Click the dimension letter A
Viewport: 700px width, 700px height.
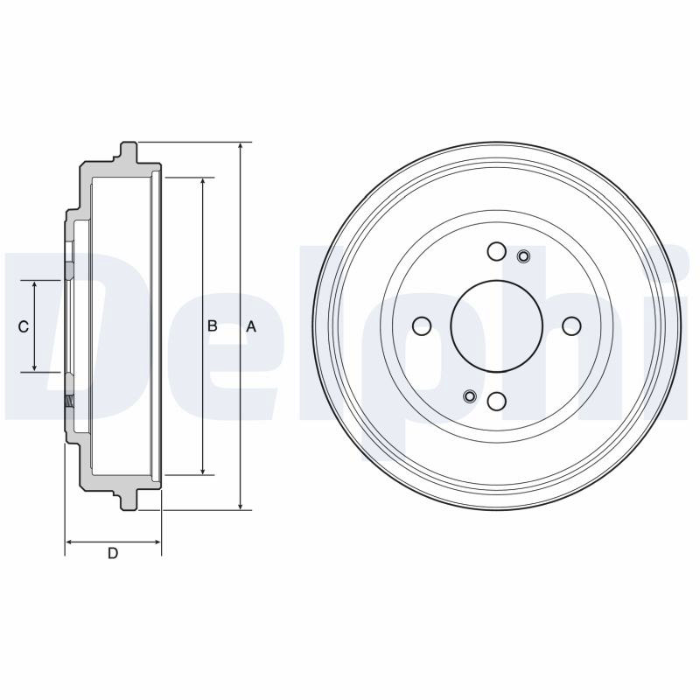coord(251,326)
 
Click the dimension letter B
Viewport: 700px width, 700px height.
coord(213,326)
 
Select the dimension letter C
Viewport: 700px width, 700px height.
coord(24,327)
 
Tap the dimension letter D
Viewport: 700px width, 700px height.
coord(113,554)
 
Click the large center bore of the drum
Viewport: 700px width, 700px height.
coord(496,326)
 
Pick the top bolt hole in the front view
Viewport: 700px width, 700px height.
coord(496,251)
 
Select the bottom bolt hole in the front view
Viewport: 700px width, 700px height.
coord(496,402)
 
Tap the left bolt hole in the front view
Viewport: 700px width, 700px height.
coord(422,326)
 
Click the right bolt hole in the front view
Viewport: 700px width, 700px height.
coord(571,326)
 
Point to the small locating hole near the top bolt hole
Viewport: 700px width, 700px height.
coord(523,256)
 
